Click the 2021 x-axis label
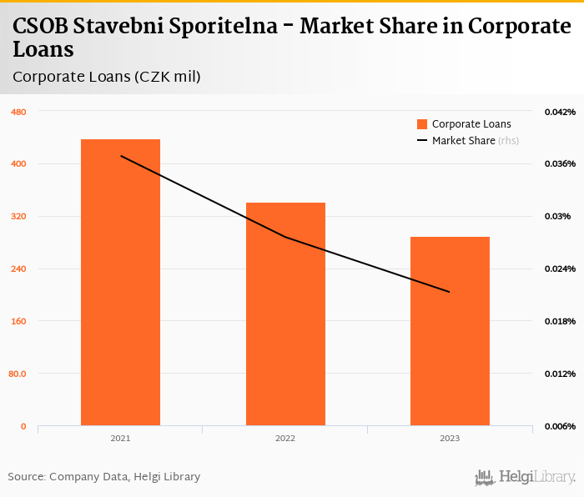pyautogui.click(x=120, y=438)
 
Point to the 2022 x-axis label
pyautogui.click(x=285, y=438)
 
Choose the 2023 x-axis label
pyautogui.click(x=450, y=438)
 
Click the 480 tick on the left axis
pyautogui.click(x=18, y=112)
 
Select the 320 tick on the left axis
pyautogui.click(x=18, y=217)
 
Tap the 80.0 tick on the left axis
pyautogui.click(x=18, y=374)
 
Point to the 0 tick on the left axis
pyautogui.click(x=23, y=426)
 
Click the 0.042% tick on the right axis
pyautogui.click(x=560, y=112)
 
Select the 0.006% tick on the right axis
pyautogui.click(x=560, y=426)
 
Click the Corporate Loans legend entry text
pyautogui.click(x=471, y=124)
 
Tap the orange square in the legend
pyautogui.click(x=422, y=124)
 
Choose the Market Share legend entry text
pyautogui.click(x=464, y=141)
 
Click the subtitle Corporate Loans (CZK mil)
pyautogui.click(x=107, y=77)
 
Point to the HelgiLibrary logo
pyautogui.click(x=526, y=477)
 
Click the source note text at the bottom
pyautogui.click(x=104, y=477)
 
